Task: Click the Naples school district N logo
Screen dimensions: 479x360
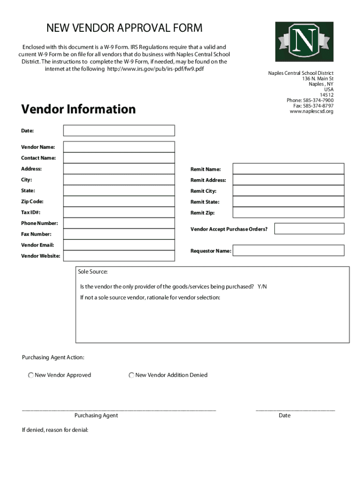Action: click(304, 42)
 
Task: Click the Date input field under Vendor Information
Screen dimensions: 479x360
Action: click(119, 131)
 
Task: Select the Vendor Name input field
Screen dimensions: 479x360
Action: click(119, 147)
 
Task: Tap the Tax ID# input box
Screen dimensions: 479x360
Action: click(119, 213)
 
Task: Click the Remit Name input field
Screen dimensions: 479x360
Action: click(288, 169)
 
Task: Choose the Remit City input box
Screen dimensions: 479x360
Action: click(288, 191)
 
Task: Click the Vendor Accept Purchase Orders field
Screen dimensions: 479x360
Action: click(309, 229)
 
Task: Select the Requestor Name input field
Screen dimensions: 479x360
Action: click(288, 251)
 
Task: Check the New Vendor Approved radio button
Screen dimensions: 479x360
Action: click(31, 375)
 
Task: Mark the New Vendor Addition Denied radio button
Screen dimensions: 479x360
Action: click(132, 375)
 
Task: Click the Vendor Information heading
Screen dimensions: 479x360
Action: click(79, 109)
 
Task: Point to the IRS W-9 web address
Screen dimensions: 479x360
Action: click(156, 69)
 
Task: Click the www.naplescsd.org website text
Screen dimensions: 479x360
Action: click(311, 111)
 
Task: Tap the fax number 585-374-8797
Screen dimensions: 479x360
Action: click(318, 106)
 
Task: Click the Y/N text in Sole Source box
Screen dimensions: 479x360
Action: click(262, 287)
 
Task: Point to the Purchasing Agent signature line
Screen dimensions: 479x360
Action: click(119, 410)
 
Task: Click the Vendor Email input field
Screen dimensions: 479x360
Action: click(119, 245)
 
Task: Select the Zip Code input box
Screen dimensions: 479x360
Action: click(119, 202)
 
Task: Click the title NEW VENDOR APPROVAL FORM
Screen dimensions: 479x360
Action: click(124, 28)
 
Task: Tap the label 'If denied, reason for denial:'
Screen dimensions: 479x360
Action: click(55, 430)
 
